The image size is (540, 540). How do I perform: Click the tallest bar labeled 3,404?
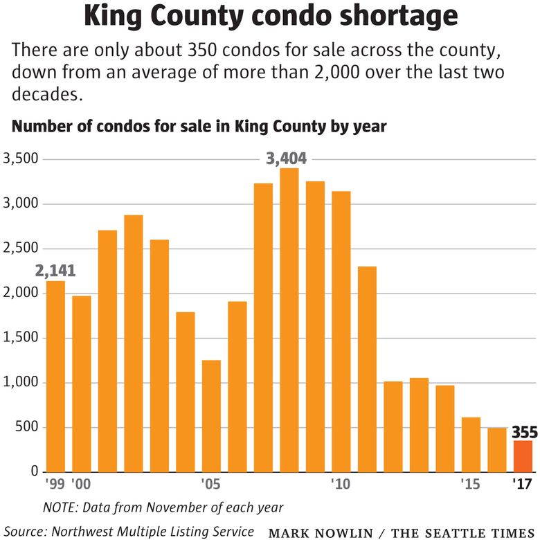pyautogui.click(x=289, y=320)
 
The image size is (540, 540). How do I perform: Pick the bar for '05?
pyautogui.click(x=211, y=415)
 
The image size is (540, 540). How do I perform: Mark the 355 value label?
pyautogui.click(x=524, y=433)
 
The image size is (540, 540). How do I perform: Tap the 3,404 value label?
pyautogui.click(x=287, y=159)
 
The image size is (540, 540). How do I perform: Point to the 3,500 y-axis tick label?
pyautogui.click(x=21, y=159)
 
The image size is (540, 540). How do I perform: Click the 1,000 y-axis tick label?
pyautogui.click(x=21, y=383)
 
